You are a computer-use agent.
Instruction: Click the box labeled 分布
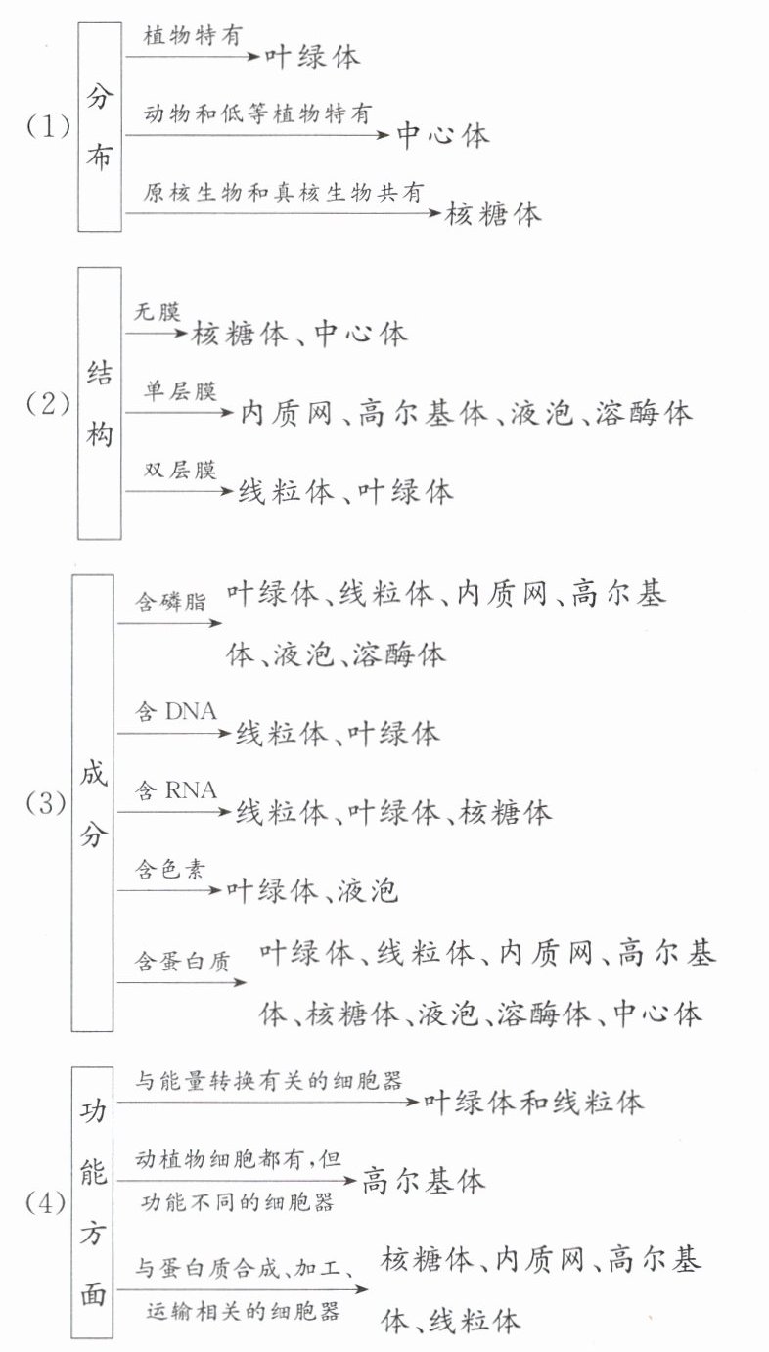(x=100, y=126)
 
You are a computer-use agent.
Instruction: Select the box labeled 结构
(x=100, y=403)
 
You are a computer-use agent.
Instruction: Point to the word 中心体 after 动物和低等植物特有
(x=442, y=135)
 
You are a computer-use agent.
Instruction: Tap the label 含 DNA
(x=176, y=711)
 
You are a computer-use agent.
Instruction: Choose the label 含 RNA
(x=176, y=790)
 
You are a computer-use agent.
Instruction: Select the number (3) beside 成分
(x=46, y=803)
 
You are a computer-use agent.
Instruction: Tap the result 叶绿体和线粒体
(x=533, y=1103)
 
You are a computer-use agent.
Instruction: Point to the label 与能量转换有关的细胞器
(x=269, y=1080)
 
